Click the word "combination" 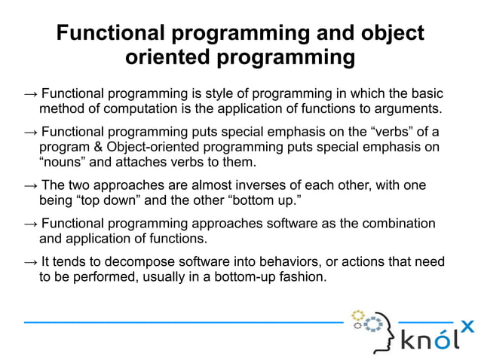(x=398, y=224)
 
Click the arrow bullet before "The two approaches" (x=30, y=185)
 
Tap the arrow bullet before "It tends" (x=30, y=261)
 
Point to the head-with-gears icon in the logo (x=375, y=329)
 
